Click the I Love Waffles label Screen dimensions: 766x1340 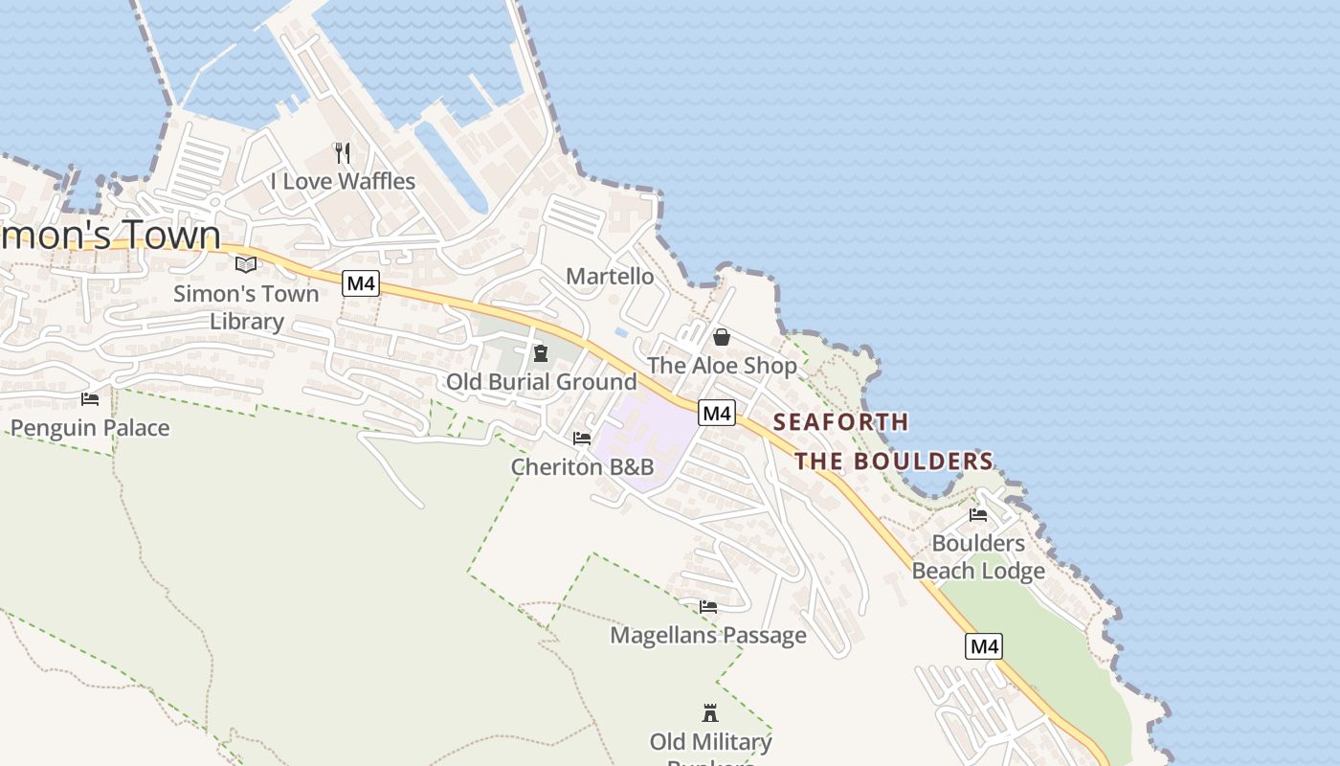(x=343, y=181)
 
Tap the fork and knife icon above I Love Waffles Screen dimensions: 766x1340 (x=342, y=152)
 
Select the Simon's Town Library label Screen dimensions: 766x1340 (x=246, y=307)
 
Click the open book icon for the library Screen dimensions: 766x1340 (x=246, y=264)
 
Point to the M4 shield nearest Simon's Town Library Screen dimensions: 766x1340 (x=361, y=283)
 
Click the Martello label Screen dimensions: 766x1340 (x=610, y=276)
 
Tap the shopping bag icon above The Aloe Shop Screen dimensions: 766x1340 (x=722, y=337)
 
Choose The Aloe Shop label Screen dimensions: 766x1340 (x=722, y=365)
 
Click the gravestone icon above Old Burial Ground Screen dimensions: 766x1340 (x=541, y=353)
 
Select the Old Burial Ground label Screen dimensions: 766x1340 (x=541, y=381)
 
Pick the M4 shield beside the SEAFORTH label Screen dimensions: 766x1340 (x=716, y=413)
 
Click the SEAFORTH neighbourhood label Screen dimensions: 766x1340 (x=840, y=421)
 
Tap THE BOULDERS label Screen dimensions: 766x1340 (x=894, y=461)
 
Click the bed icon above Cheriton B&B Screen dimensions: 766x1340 (x=581, y=439)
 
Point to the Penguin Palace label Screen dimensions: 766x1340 (x=90, y=427)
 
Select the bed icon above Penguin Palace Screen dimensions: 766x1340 (x=90, y=398)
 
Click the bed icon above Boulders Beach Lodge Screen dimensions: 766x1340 (x=977, y=514)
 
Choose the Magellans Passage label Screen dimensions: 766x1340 (x=708, y=635)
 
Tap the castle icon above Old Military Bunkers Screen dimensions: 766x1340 (x=710, y=713)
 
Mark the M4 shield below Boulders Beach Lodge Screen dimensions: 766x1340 (x=984, y=646)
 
